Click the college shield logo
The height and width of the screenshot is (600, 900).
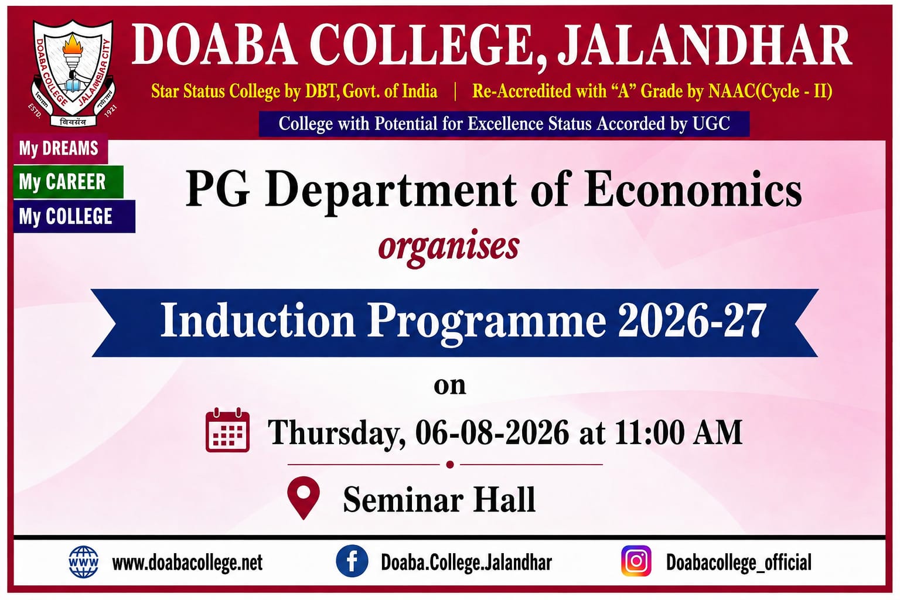(x=73, y=73)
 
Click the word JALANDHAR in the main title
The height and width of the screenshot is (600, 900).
(x=704, y=46)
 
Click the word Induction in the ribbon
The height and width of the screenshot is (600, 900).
(x=258, y=321)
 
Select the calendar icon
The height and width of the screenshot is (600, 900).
(x=227, y=429)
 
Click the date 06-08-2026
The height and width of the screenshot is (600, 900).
(x=492, y=433)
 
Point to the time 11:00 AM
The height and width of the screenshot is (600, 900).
(x=678, y=433)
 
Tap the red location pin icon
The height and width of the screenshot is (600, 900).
(x=304, y=497)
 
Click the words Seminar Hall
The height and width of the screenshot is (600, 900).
(x=439, y=500)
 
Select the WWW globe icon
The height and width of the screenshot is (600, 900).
(x=83, y=562)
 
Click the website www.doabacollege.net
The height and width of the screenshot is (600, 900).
(x=187, y=562)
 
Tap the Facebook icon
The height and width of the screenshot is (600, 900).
(x=352, y=561)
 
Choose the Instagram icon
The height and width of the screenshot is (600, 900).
(x=636, y=561)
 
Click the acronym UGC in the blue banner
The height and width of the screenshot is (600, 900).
(x=711, y=124)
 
